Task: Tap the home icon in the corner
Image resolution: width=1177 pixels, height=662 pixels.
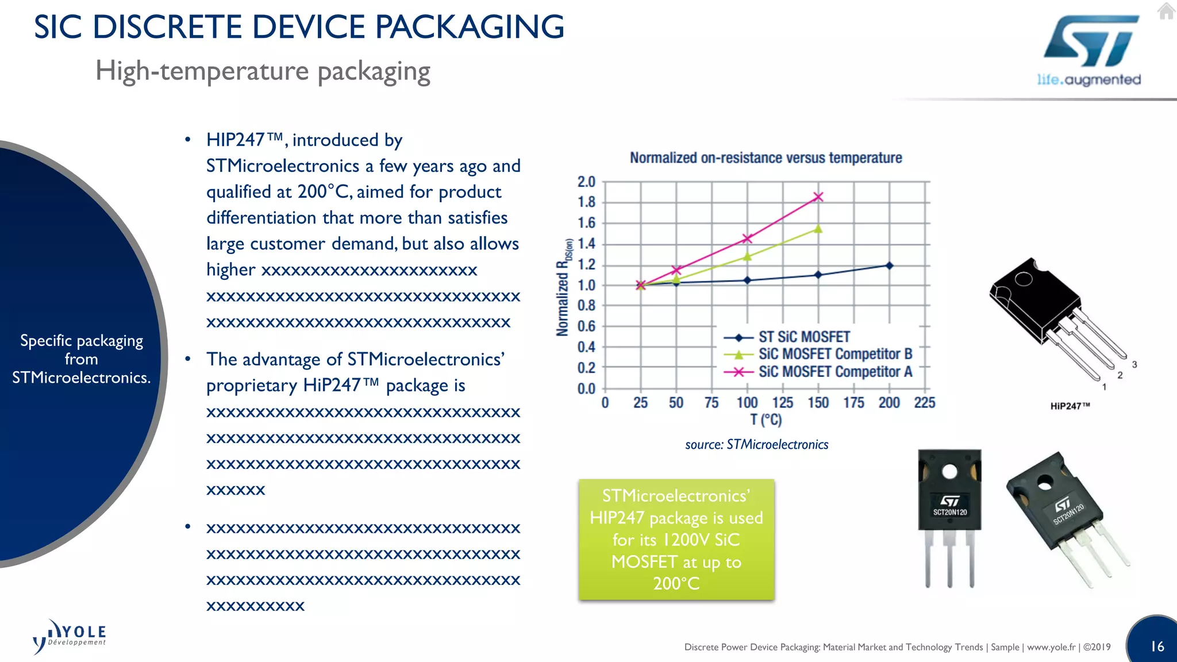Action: pyautogui.click(x=1166, y=11)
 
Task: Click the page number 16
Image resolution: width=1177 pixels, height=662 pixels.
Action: pyautogui.click(x=1157, y=646)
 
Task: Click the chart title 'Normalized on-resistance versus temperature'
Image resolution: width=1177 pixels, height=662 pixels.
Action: pyautogui.click(x=766, y=158)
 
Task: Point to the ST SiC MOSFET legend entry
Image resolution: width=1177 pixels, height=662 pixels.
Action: pyautogui.click(x=803, y=337)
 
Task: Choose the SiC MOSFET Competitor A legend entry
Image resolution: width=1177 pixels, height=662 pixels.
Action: pyautogui.click(x=834, y=372)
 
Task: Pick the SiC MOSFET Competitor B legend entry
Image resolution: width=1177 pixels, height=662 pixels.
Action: pyautogui.click(x=834, y=355)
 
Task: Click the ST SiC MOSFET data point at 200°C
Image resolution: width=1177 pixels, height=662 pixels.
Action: pyautogui.click(x=889, y=265)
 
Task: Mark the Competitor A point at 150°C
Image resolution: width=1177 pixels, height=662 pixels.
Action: pyautogui.click(x=818, y=197)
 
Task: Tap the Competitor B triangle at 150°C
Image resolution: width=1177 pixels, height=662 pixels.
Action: pyautogui.click(x=818, y=229)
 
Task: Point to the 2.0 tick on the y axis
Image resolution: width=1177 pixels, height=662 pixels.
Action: pyautogui.click(x=586, y=182)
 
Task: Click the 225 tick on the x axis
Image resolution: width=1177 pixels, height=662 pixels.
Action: pyautogui.click(x=924, y=403)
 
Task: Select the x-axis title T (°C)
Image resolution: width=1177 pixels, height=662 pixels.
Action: pyautogui.click(x=766, y=420)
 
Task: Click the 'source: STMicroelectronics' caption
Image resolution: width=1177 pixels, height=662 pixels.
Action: pyautogui.click(x=756, y=444)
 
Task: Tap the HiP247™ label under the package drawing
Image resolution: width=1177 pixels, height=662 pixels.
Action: pyautogui.click(x=1070, y=406)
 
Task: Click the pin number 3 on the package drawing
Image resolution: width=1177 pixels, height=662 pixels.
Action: pyautogui.click(x=1134, y=364)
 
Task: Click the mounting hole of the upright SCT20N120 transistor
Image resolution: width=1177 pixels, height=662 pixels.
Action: pyautogui.click(x=949, y=472)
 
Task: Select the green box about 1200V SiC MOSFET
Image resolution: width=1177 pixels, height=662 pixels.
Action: pyautogui.click(x=676, y=540)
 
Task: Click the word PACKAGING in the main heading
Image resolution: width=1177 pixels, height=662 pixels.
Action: pyautogui.click(x=470, y=27)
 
